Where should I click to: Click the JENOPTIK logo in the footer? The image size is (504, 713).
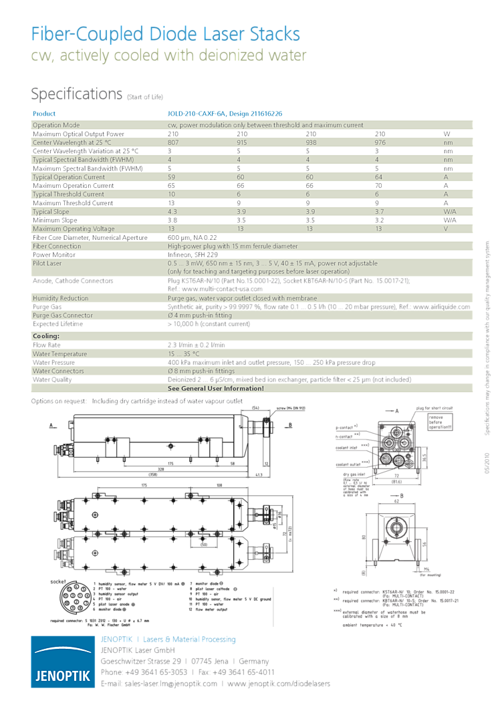pyautogui.click(x=63, y=661)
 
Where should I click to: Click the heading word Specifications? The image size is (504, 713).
pyautogui.click(x=77, y=94)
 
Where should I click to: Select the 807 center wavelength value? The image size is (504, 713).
pyautogui.click(x=173, y=142)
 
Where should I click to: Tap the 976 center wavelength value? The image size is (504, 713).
pyautogui.click(x=380, y=142)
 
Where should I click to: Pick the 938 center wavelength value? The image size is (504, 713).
pyautogui.click(x=311, y=142)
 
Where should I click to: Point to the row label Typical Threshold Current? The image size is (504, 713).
pyautogui.click(x=69, y=194)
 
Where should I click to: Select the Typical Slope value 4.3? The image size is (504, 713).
pyautogui.click(x=172, y=212)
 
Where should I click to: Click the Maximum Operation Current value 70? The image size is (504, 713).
pyautogui.click(x=378, y=186)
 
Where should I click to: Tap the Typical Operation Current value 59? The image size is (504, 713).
pyautogui.click(x=172, y=177)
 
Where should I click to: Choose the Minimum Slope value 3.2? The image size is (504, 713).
pyautogui.click(x=379, y=221)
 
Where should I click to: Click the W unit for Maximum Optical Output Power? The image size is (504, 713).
pyautogui.click(x=447, y=134)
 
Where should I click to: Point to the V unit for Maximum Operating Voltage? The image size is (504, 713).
pyautogui.click(x=446, y=229)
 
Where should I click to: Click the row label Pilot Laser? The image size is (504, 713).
pyautogui.click(x=47, y=263)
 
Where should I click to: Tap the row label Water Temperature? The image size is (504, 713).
pyautogui.click(x=60, y=353)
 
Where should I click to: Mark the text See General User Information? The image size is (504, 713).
pyautogui.click(x=215, y=388)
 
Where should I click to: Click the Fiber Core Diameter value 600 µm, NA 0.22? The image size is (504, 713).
pyautogui.click(x=193, y=237)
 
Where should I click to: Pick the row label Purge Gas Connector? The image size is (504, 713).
pyautogui.click(x=63, y=315)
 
